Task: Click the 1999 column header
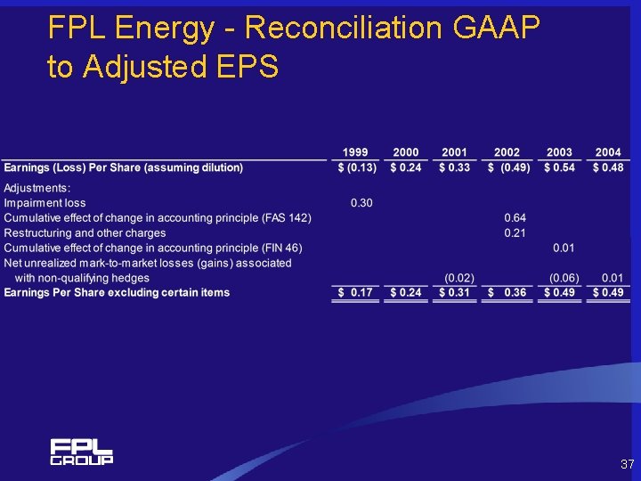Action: point(356,152)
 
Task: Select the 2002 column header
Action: point(507,152)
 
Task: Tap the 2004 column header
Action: point(608,152)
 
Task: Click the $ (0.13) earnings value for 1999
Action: point(356,167)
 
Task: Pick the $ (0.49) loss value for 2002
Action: point(508,167)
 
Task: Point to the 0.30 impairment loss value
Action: point(361,203)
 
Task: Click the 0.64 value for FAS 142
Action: point(515,218)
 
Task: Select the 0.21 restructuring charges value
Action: point(515,233)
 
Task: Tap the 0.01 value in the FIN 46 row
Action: point(564,248)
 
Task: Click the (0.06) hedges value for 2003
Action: point(564,278)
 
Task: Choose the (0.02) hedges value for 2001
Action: point(459,278)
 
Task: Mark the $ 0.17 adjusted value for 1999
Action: point(356,293)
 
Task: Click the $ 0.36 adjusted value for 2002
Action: point(508,293)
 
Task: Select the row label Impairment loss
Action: point(45,203)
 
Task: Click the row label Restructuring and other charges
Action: point(85,233)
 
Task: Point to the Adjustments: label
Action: point(37,188)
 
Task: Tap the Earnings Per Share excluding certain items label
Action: point(117,293)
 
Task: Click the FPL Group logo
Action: point(81,452)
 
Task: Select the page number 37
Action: point(627,465)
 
